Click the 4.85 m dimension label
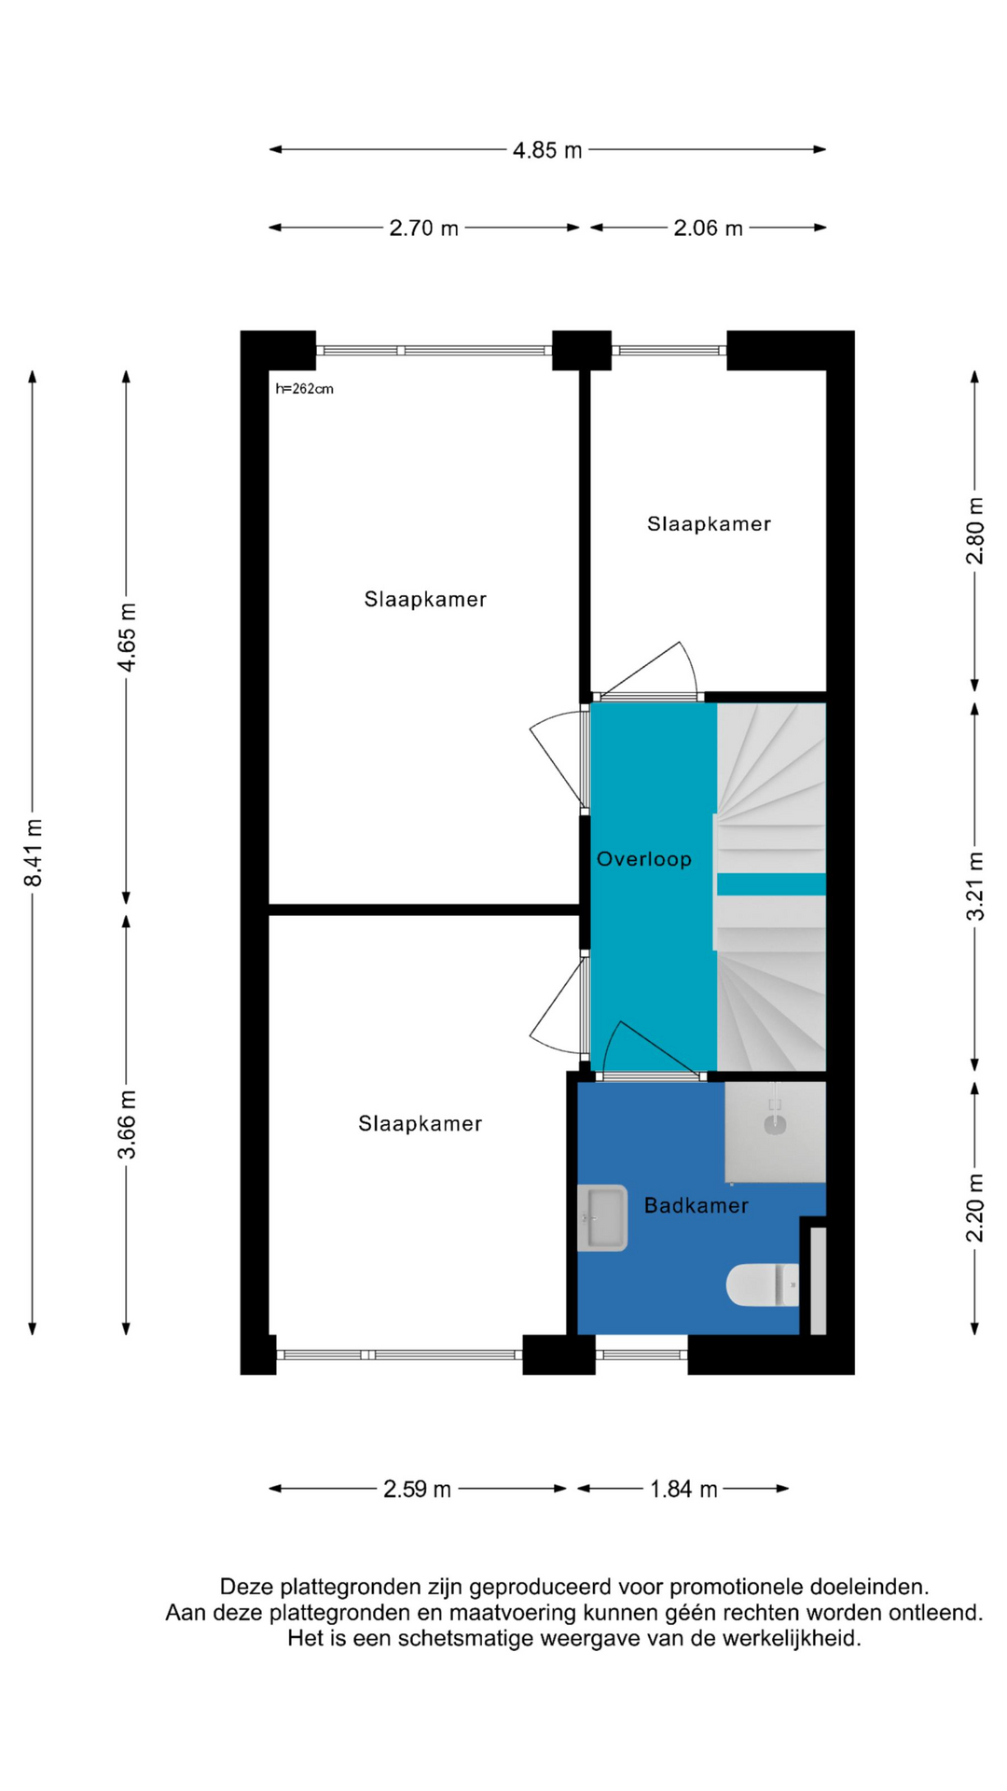(547, 149)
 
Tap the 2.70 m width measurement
(423, 228)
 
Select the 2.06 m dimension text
(708, 228)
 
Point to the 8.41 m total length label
(34, 853)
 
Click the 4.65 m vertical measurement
(127, 637)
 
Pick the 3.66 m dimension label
(127, 1124)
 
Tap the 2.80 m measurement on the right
(974, 531)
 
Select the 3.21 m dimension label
(974, 886)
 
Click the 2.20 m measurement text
(974, 1208)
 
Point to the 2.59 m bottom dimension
(417, 1489)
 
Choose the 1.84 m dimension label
(683, 1489)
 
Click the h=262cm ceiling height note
(304, 389)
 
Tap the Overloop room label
(644, 859)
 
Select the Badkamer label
(697, 1205)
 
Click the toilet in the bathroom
(763, 1284)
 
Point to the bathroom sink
(602, 1217)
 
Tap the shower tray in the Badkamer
(775, 1132)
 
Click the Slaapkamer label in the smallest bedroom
(710, 524)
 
